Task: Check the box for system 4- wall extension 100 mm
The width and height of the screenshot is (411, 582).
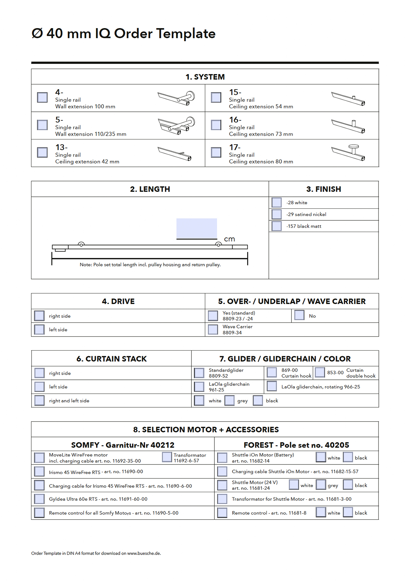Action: pos(42,97)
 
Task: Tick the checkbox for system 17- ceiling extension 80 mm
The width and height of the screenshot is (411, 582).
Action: pos(216,152)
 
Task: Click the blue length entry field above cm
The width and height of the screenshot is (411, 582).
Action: pos(197,228)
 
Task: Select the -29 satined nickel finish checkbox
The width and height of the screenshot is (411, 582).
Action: pos(276,214)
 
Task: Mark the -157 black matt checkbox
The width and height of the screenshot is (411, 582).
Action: pos(276,226)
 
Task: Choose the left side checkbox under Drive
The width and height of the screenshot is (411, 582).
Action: pos(39,329)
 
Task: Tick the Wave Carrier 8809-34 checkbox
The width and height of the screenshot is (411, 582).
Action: pos(213,329)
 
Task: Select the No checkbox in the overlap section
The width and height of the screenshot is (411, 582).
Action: pos(299,315)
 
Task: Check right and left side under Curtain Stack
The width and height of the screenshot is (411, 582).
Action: pos(39,400)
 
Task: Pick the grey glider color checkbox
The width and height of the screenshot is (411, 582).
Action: pos(230,400)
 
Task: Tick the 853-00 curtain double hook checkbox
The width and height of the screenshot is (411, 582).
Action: pos(320,373)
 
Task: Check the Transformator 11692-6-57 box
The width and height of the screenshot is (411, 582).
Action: pos(167,457)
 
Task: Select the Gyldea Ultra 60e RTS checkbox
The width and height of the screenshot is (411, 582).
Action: pos(39,499)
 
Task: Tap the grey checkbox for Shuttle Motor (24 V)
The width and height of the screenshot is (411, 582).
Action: pos(321,485)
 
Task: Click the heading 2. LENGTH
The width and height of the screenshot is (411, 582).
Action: pos(150,189)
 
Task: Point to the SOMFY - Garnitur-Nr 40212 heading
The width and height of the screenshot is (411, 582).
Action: pos(123,445)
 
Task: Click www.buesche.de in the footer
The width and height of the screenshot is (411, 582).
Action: pos(144,553)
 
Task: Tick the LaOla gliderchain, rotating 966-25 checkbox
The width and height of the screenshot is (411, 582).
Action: pos(272,386)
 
